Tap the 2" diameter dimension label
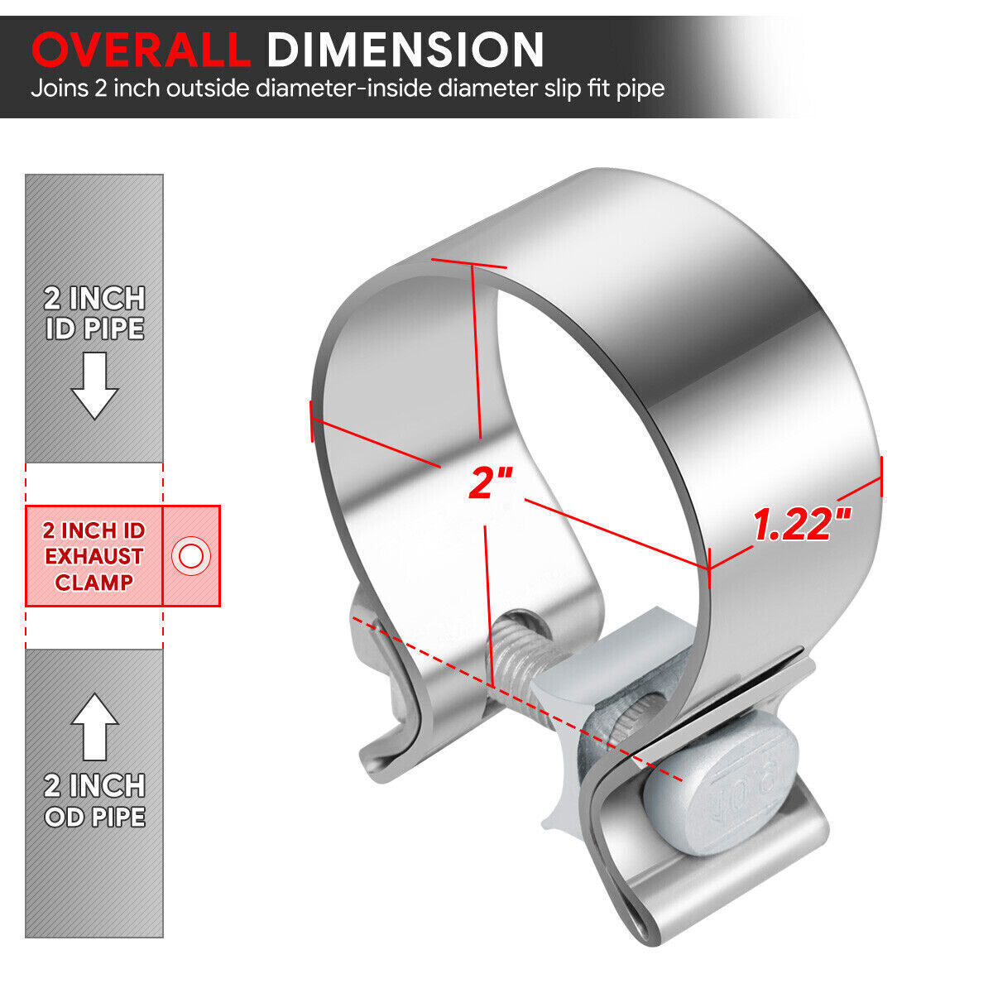[491, 482]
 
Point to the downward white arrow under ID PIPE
[94, 385]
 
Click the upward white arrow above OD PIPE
[94, 727]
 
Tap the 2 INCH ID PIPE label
[94, 314]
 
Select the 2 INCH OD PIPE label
[94, 800]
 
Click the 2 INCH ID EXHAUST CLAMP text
[94, 556]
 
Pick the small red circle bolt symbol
[191, 556]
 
